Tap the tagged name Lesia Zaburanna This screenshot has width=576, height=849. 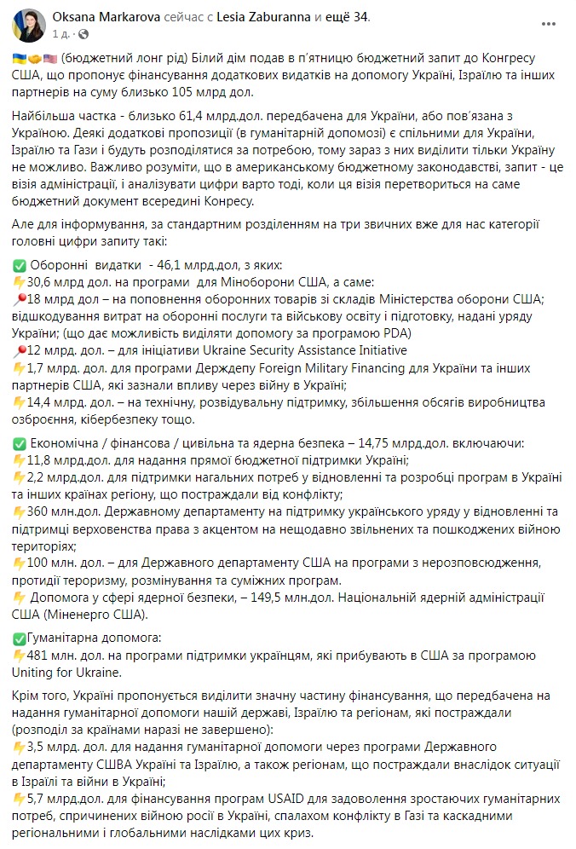[x=266, y=17]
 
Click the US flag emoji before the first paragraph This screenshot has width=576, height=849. [x=50, y=57]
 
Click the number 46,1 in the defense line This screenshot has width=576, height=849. [x=165, y=265]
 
